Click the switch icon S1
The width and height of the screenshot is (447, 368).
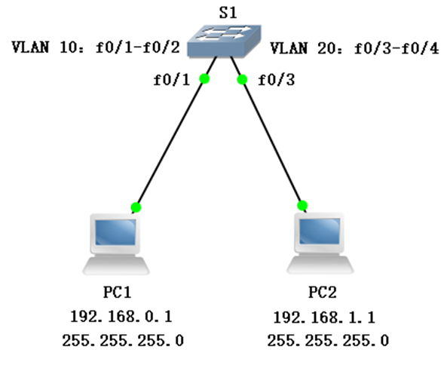[223, 44]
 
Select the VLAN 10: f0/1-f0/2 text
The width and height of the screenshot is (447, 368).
[96, 48]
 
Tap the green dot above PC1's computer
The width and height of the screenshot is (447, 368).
[136, 206]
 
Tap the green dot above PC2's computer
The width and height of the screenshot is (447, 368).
[302, 205]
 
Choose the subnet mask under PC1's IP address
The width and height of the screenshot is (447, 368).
[123, 341]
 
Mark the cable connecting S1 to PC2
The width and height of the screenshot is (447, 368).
[272, 142]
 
